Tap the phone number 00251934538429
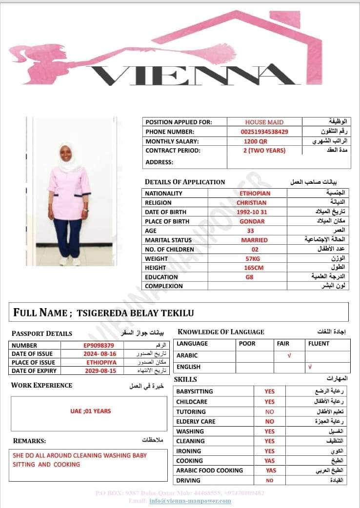tap(264, 132)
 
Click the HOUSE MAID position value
tap(264, 122)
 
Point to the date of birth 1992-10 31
tap(252, 212)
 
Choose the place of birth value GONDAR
tap(252, 221)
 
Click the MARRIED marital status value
tap(254, 240)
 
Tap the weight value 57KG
tap(252, 259)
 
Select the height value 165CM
tap(254, 268)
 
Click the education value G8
tap(250, 277)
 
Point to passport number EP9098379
tap(99, 346)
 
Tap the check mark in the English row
tap(309, 367)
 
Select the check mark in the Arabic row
tap(289, 356)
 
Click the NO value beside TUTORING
tap(269, 411)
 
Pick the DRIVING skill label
tap(188, 480)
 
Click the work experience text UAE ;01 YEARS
tap(91, 411)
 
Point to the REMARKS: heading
tap(29, 441)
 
